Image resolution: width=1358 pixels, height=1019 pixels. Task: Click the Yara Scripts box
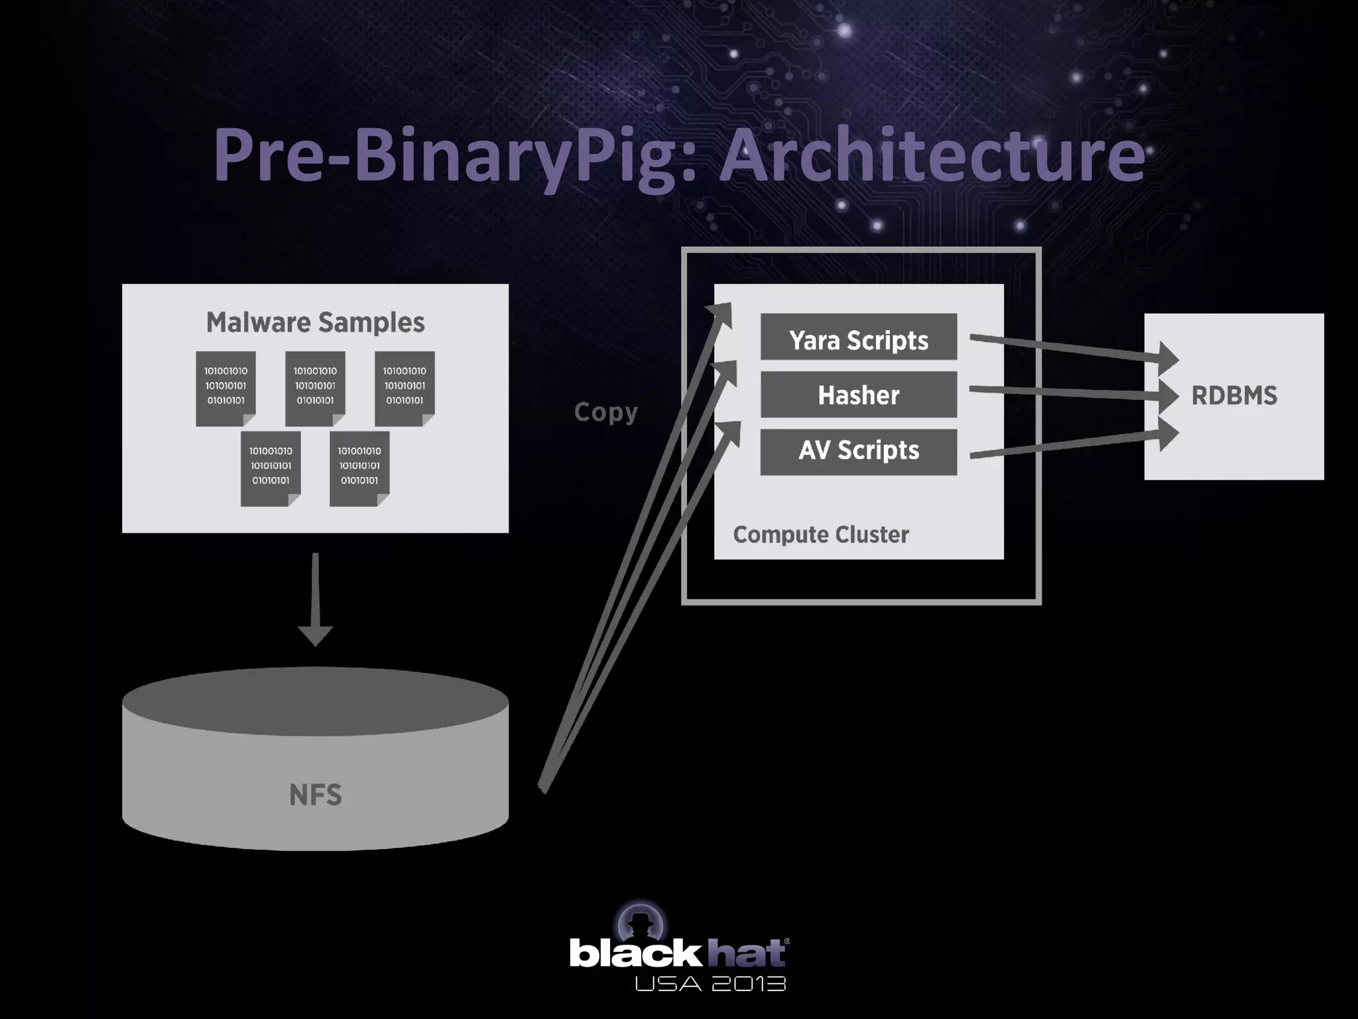pos(858,337)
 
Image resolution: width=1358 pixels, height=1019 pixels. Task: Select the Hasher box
pos(858,395)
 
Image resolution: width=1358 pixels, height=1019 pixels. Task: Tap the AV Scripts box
pos(858,452)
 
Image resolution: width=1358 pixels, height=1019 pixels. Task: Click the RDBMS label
pos(1234,396)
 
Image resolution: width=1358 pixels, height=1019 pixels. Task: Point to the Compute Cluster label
pos(820,535)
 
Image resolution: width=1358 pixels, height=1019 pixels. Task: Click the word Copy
pos(605,412)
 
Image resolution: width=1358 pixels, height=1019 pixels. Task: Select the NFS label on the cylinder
pos(315,795)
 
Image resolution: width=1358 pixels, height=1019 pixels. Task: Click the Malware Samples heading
pos(315,322)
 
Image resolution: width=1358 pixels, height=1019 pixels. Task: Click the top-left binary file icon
pos(225,388)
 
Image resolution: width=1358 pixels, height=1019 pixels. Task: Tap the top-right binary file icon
pos(404,388)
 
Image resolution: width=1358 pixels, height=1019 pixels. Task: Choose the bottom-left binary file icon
pos(271,468)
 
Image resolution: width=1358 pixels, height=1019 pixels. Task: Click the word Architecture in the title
pos(932,155)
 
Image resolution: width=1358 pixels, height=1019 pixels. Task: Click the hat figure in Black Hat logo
pos(641,923)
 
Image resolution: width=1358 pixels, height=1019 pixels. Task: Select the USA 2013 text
pos(710,984)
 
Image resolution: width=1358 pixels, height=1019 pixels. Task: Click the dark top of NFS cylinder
pos(315,701)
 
